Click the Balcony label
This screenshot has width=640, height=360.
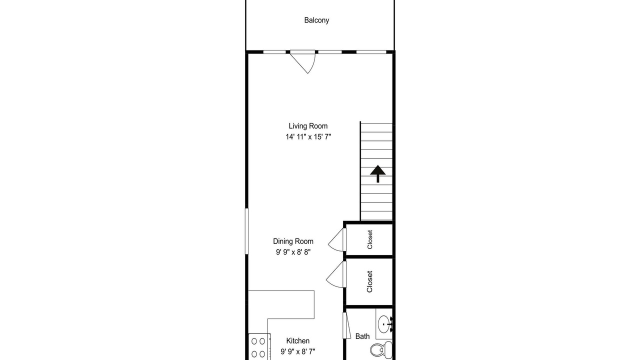coord(316,20)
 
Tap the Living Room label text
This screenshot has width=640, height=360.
coord(308,126)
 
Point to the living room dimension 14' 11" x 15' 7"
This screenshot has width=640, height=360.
coord(308,137)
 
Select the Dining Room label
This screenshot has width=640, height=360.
coord(293,241)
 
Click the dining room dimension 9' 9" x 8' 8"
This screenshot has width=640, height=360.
coord(293,252)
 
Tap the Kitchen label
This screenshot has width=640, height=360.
coord(297,341)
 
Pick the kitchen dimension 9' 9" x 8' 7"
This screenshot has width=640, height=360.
coord(297,351)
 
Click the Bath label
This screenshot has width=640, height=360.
coord(362,336)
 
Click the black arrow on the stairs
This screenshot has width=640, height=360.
coord(377,173)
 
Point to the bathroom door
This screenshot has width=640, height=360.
coord(346,325)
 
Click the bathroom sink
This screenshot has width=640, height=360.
coord(384,324)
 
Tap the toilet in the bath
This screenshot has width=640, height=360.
coord(381,349)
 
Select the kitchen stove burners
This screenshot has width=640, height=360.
coord(258,347)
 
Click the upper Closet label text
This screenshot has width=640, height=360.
coord(369,239)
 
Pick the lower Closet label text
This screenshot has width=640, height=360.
coord(369,281)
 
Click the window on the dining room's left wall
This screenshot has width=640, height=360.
coord(246,231)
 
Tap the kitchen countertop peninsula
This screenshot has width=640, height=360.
coord(281,304)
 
